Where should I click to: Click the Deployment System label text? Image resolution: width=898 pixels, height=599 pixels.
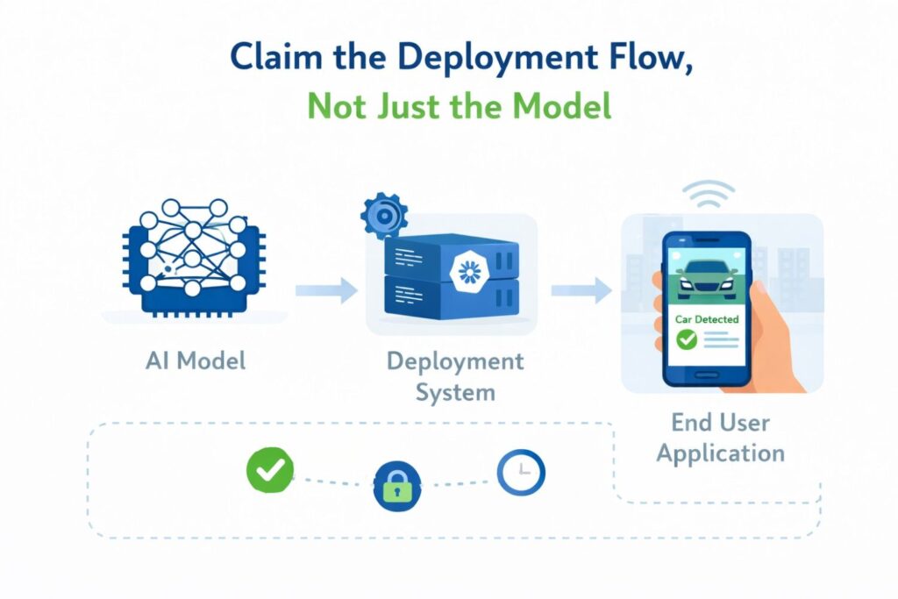[454, 375]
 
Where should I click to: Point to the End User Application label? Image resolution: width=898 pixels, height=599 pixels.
[720, 437]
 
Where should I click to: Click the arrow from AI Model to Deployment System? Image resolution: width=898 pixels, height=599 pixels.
[325, 289]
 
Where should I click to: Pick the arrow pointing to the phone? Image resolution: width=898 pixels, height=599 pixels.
[581, 289]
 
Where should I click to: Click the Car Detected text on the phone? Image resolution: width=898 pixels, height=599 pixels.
[707, 320]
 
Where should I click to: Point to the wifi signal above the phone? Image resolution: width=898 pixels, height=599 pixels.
[708, 196]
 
